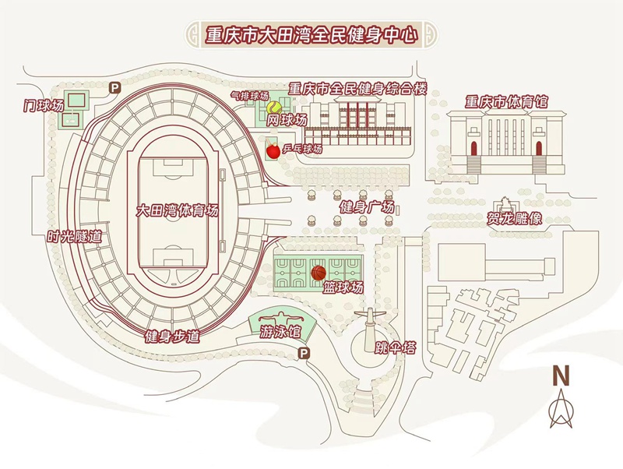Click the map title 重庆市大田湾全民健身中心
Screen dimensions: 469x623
311,34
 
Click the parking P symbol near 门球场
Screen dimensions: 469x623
114,88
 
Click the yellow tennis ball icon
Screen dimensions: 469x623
274,107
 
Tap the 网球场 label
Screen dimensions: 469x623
287,121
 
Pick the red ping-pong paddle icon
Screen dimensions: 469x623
272,148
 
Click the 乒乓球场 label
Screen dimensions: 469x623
301,148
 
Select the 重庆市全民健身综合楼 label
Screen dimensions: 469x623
357,88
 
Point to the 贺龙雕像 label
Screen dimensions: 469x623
514,219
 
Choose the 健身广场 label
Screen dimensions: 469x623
368,207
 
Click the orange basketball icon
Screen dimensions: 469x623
318,273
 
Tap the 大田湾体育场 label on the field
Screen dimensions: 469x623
177,210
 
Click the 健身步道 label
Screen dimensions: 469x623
173,337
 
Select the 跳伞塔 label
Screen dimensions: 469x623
395,347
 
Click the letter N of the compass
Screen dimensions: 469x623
560,375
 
